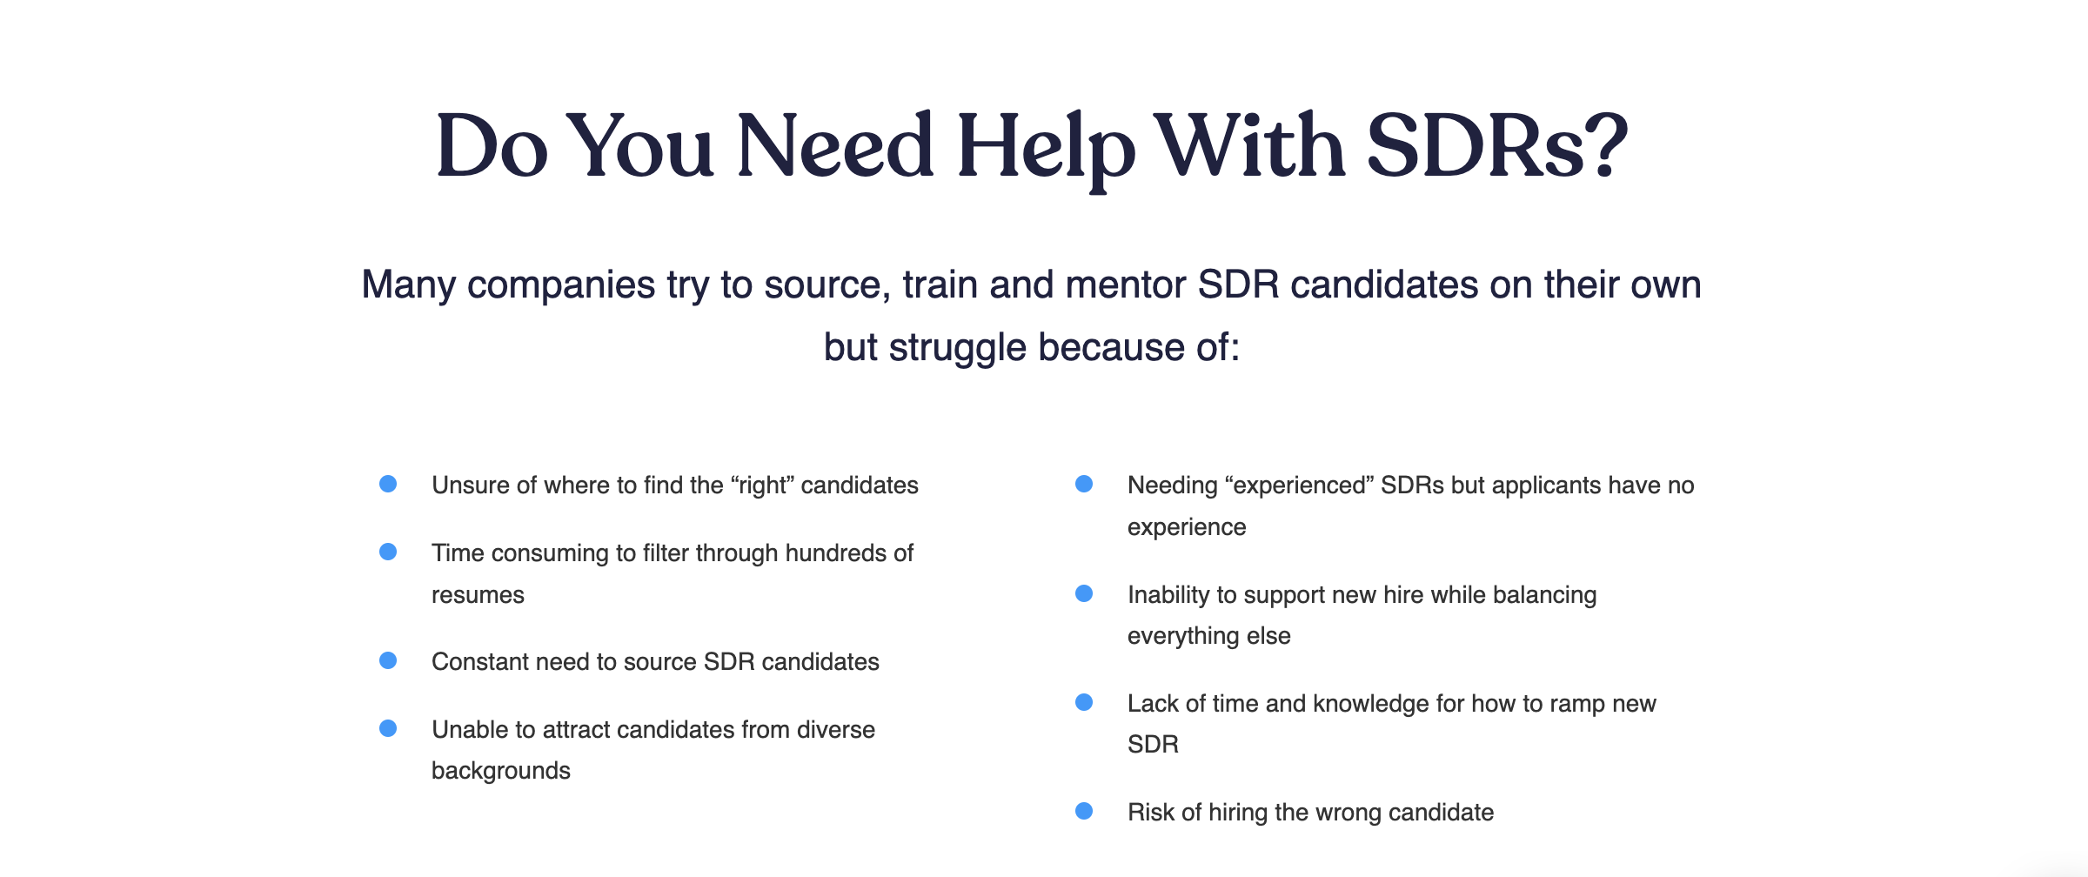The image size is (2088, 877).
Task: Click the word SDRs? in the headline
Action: pos(1496,146)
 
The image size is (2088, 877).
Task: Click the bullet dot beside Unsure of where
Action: pos(388,484)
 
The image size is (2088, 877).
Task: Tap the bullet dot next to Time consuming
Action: pos(388,552)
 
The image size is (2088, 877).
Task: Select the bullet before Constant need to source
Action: pos(388,660)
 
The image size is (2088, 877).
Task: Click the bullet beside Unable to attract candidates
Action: pos(388,728)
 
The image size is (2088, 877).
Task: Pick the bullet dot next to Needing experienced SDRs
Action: pos(1084,484)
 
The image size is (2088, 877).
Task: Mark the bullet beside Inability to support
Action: pos(1084,593)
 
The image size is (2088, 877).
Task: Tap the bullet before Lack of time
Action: pos(1084,702)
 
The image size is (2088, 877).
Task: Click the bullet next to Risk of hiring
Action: pos(1084,811)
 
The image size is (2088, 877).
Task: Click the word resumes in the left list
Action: pos(478,595)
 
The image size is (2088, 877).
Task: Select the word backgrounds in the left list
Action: pos(501,771)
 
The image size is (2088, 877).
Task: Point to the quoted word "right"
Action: pos(763,485)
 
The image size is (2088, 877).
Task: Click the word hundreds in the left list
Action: pos(835,553)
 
